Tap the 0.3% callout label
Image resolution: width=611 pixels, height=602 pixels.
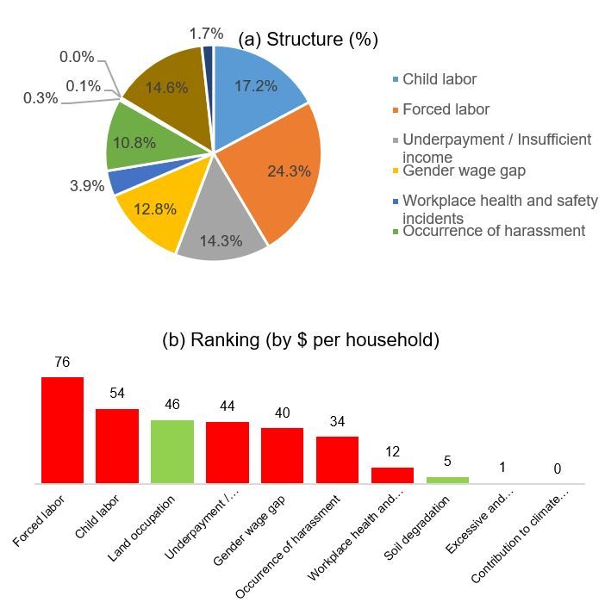[41, 98]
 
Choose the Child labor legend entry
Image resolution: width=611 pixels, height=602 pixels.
[439, 79]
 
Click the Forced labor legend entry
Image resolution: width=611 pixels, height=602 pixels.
[446, 109]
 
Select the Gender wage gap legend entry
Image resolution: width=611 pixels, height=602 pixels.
[464, 171]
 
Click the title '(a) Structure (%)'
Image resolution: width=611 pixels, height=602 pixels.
[308, 40]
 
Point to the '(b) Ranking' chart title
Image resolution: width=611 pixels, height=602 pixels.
[300, 339]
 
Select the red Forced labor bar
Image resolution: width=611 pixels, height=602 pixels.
[62, 431]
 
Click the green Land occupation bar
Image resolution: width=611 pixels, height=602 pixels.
[172, 451]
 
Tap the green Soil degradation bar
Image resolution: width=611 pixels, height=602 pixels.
[447, 481]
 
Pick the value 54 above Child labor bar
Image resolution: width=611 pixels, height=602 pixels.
[117, 394]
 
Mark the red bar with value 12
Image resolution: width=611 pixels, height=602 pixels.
[392, 475]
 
